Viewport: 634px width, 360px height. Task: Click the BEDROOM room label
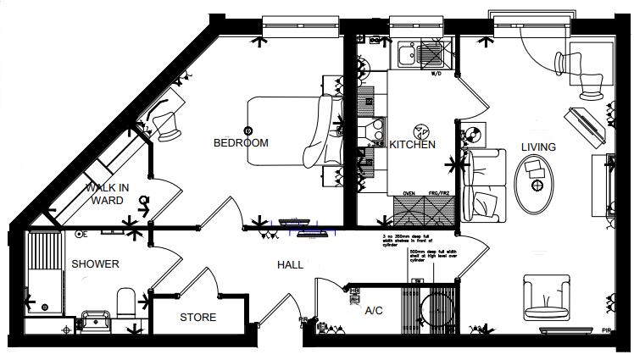[241, 143]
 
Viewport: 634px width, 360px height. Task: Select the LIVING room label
[538, 147]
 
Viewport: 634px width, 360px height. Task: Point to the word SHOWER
[95, 264]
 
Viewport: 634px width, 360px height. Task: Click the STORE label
[197, 318]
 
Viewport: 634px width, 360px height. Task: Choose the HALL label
[291, 265]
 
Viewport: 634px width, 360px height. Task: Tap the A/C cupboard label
[375, 311]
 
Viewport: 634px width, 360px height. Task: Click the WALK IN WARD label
[107, 194]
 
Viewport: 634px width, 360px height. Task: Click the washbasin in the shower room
[96, 318]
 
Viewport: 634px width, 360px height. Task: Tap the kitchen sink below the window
[406, 57]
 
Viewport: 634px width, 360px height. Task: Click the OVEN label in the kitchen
[409, 194]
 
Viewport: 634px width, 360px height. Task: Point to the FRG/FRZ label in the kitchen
[438, 194]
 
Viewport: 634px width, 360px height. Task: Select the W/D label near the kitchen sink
[436, 75]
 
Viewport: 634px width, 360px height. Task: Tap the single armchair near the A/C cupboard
[546, 298]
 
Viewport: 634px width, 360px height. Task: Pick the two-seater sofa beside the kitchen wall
[485, 186]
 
